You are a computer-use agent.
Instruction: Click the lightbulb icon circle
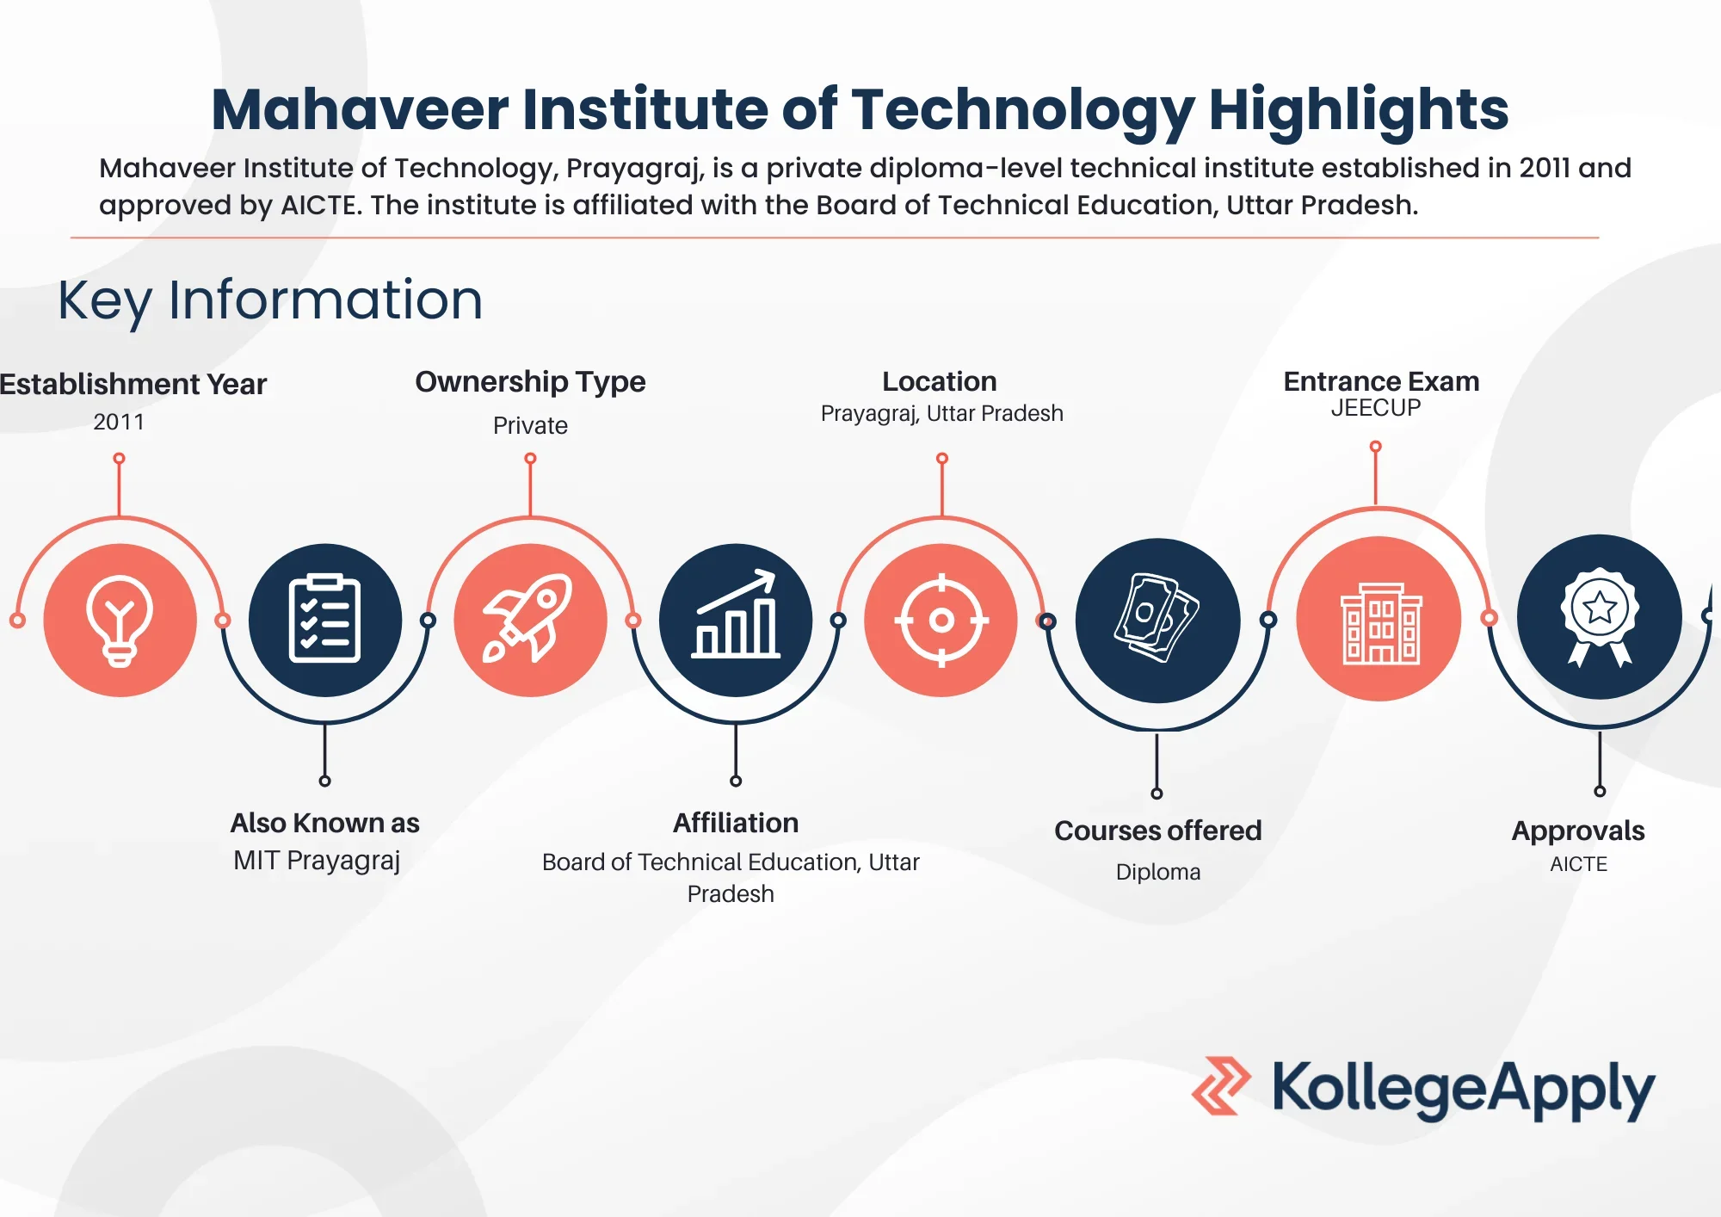pos(120,620)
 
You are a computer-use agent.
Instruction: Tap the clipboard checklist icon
pos(324,620)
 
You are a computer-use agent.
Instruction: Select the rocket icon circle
pos(530,620)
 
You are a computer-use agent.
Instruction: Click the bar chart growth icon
pos(736,620)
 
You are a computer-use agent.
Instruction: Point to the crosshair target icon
pos(941,620)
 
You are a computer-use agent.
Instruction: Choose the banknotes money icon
pos(1157,620)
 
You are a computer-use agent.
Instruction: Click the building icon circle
pos(1379,620)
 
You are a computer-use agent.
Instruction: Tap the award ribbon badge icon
pos(1599,616)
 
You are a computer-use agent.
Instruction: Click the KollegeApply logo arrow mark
pos(1220,1086)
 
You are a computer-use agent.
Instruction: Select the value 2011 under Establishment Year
pos(119,422)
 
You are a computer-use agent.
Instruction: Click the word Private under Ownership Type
pos(530,425)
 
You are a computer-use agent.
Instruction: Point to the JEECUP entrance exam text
pos(1376,408)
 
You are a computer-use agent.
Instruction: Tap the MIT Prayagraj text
pos(317,860)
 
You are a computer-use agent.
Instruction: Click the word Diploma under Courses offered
pos(1158,872)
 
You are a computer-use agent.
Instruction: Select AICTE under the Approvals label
pos(1578,864)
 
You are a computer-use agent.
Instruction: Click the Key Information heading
pos(270,300)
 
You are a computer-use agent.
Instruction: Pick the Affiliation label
pos(736,823)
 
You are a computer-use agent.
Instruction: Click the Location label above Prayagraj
pos(940,381)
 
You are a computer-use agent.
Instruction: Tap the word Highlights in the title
pos(1358,109)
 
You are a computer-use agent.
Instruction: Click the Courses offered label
pos(1157,831)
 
